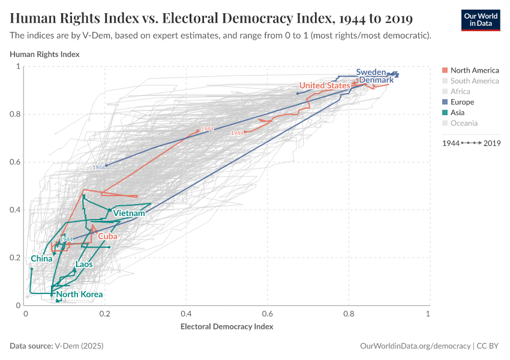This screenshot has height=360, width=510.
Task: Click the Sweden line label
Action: click(x=371, y=72)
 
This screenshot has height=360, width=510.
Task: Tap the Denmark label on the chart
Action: click(x=376, y=80)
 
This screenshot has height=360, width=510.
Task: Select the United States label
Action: click(x=325, y=86)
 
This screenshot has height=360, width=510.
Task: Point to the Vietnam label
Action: click(x=129, y=214)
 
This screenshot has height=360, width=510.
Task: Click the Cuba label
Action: click(x=107, y=236)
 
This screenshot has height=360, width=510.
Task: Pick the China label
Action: click(x=41, y=259)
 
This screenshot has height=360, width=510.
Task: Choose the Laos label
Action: click(x=84, y=265)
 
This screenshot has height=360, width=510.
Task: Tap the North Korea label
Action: click(x=80, y=295)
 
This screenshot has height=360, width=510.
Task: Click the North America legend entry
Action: click(x=474, y=70)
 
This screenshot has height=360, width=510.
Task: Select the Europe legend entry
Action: click(x=462, y=102)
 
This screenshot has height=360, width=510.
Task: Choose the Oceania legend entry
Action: click(x=464, y=123)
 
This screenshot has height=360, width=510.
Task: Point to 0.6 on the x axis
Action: click(x=267, y=314)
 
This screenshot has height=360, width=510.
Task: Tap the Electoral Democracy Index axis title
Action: click(x=227, y=327)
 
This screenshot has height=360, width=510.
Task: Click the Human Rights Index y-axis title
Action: click(x=45, y=55)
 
